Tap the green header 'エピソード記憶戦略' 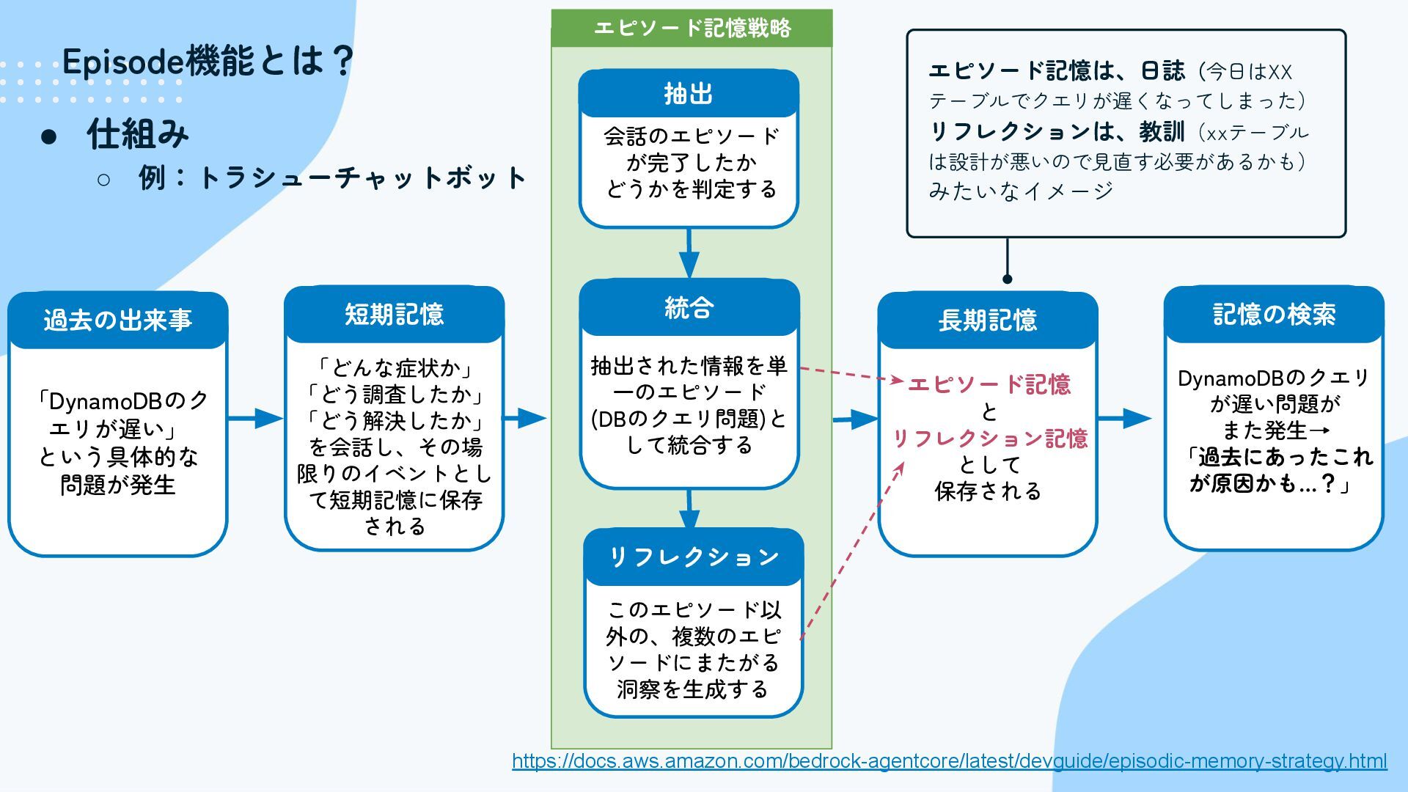pos(692,29)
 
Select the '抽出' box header pos(688,94)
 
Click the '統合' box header pos(689,308)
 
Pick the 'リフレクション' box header pos(694,557)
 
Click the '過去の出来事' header pos(118,320)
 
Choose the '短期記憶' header pos(395,315)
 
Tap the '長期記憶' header pos(987,320)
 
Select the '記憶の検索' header pos(1274,315)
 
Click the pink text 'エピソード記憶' pos(989,384)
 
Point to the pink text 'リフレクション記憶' pos(989,439)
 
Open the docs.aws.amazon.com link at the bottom pos(949,761)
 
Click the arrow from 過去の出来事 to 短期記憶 pos(255,419)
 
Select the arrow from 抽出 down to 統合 pos(689,254)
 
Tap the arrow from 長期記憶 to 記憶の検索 pos(1125,419)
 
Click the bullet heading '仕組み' pos(138,135)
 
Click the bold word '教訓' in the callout pos(1162,132)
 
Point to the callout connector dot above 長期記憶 pos(1007,279)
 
